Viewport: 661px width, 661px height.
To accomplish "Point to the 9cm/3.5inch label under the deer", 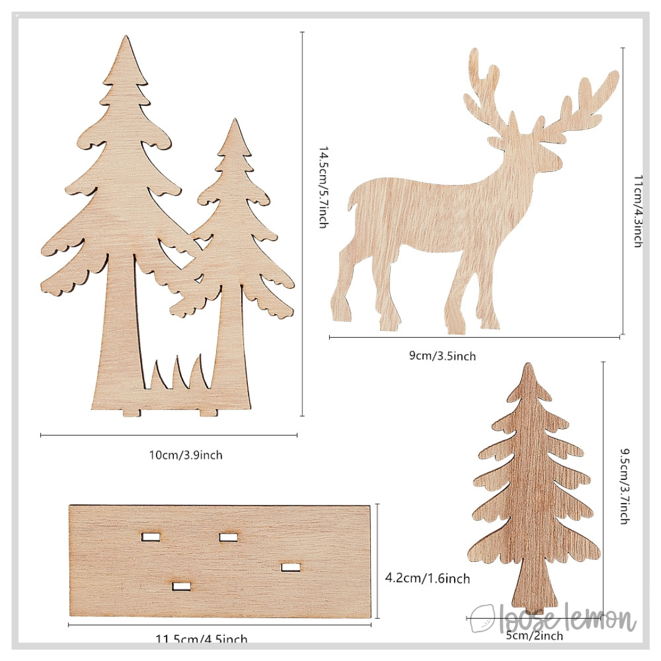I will [x=443, y=356].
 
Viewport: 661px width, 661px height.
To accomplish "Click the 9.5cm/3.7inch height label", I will [x=624, y=486].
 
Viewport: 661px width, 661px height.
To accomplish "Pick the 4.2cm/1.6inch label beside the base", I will [x=427, y=578].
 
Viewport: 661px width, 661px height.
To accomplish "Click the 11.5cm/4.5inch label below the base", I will [x=201, y=640].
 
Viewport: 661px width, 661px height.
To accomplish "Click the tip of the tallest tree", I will [x=127, y=39].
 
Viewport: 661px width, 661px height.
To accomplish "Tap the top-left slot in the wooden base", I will [x=151, y=537].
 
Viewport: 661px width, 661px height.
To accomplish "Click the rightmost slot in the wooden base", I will [x=291, y=567].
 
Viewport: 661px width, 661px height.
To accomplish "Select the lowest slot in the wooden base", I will [x=181, y=586].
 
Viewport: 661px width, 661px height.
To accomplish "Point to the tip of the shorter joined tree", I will [x=233, y=122].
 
